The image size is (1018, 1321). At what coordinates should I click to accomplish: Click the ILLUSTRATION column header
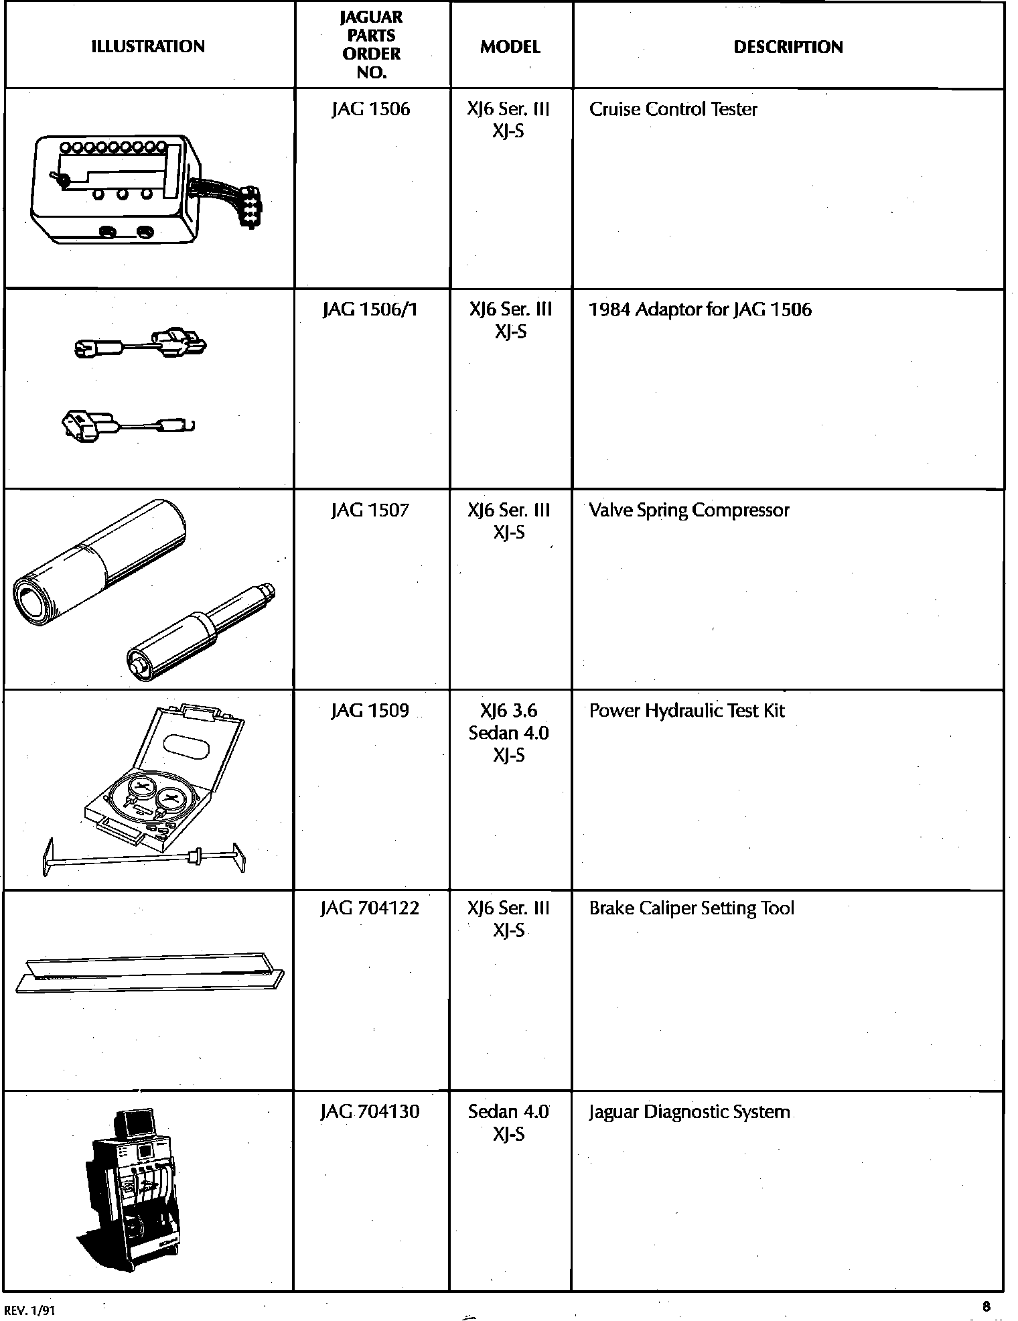point(147,46)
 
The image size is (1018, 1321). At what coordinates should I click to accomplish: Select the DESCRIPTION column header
point(788,47)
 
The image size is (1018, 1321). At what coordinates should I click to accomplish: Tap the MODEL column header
point(510,47)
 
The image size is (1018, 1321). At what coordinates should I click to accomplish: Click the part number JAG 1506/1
point(370,309)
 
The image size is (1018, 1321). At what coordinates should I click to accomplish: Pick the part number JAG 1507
point(370,510)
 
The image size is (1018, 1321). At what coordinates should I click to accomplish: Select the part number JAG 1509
point(370,710)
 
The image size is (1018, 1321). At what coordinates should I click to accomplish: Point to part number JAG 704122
point(370,908)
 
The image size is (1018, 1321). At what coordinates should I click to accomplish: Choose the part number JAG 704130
point(370,1112)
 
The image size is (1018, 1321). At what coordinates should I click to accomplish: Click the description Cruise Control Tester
point(673,109)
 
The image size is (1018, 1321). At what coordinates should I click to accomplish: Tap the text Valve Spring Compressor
point(688,510)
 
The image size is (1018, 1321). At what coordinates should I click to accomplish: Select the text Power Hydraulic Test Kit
point(686,710)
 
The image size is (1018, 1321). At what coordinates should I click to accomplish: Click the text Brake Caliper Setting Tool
point(691,908)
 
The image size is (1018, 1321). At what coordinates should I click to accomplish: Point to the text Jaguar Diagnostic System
point(689,1112)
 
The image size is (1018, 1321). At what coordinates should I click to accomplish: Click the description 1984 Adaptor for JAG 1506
point(700,309)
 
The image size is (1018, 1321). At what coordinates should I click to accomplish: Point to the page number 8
point(986,1306)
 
